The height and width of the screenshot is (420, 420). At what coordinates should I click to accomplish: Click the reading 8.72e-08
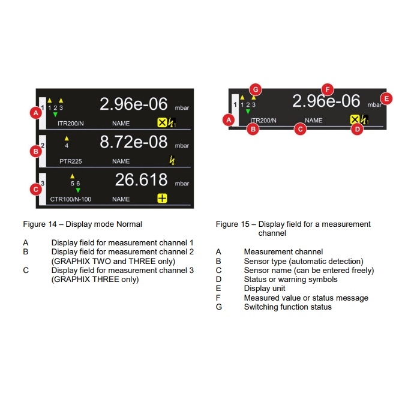(134, 142)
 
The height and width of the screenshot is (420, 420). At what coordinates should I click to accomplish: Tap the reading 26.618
(141, 179)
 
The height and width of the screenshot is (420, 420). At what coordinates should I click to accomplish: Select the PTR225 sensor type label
(70, 161)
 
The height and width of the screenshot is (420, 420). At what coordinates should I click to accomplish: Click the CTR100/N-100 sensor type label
(70, 199)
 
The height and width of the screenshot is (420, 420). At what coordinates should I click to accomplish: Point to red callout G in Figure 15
(256, 89)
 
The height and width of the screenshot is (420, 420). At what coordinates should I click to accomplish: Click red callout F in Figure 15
(328, 89)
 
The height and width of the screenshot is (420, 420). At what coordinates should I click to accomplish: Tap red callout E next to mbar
(386, 99)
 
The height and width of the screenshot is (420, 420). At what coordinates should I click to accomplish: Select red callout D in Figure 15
(357, 130)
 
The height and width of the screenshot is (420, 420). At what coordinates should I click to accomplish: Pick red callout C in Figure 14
(35, 190)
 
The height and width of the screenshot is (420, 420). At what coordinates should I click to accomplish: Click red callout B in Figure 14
(35, 151)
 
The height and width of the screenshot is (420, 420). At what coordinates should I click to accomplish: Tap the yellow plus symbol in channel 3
(162, 199)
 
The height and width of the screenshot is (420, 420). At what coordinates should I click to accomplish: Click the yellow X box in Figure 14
(162, 122)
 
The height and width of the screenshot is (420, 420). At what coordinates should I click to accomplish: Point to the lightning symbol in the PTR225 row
(172, 160)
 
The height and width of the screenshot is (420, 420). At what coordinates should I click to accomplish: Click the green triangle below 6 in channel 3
(78, 190)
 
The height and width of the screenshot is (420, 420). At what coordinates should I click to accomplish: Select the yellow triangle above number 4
(67, 138)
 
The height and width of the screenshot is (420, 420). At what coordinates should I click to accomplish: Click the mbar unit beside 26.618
(182, 184)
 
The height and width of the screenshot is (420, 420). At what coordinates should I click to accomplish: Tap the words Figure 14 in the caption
(40, 224)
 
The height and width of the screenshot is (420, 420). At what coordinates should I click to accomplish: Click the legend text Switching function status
(287, 307)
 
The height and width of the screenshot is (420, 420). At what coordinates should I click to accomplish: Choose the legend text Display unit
(265, 289)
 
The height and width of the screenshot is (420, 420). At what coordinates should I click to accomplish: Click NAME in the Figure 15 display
(313, 121)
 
